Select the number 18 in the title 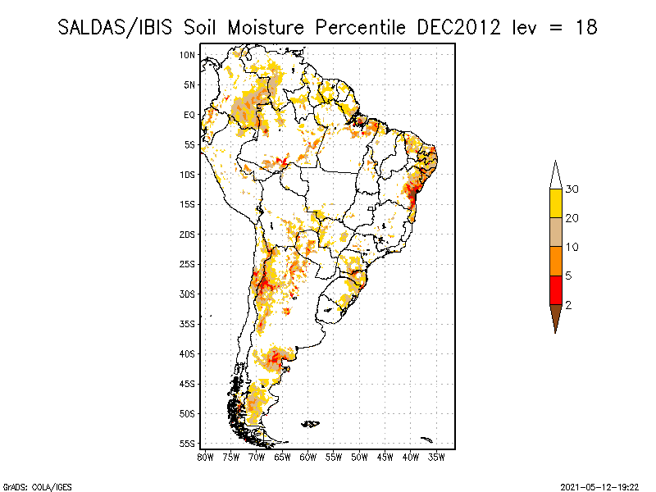click(585, 27)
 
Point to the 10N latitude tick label click(188, 55)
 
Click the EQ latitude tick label click(189, 115)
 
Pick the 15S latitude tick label click(188, 204)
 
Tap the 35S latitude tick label click(188, 324)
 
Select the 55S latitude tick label click(188, 444)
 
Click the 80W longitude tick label click(205, 457)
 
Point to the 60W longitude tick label click(308, 457)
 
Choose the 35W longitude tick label click(437, 457)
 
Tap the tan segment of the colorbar click(556, 232)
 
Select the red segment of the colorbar click(556, 289)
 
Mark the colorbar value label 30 click(572, 189)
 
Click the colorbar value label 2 click(568, 304)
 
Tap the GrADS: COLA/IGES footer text click(26, 485)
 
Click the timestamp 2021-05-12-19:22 click(599, 485)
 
